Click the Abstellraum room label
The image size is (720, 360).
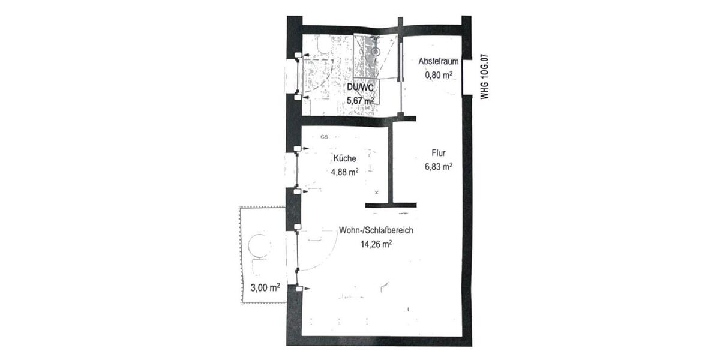pyautogui.click(x=439, y=62)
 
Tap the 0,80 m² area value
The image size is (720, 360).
pyautogui.click(x=439, y=75)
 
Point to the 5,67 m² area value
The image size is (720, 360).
pyautogui.click(x=361, y=101)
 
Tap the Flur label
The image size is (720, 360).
pyautogui.click(x=437, y=154)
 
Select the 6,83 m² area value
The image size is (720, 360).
pyautogui.click(x=437, y=167)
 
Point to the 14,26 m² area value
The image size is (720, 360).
pyautogui.click(x=376, y=244)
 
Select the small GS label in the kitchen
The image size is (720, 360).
pyautogui.click(x=324, y=137)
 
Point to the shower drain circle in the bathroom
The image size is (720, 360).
pyautogui.click(x=376, y=52)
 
